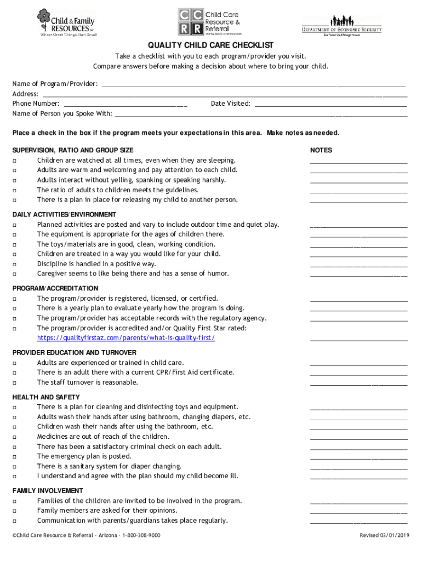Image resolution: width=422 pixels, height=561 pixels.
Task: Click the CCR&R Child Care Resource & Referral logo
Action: click(x=209, y=22)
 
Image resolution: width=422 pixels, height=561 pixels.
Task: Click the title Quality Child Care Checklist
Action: click(x=210, y=45)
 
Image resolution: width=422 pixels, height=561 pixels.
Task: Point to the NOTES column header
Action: click(x=321, y=150)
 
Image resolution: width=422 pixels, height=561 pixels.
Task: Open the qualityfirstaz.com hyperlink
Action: click(x=126, y=338)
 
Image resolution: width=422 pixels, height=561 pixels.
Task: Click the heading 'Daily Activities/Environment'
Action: click(x=64, y=215)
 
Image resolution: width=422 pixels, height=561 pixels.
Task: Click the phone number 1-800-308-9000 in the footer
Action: click(x=141, y=535)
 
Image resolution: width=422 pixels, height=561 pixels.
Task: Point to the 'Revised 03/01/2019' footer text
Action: click(x=384, y=535)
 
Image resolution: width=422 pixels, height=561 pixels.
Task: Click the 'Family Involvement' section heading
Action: click(x=48, y=491)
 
